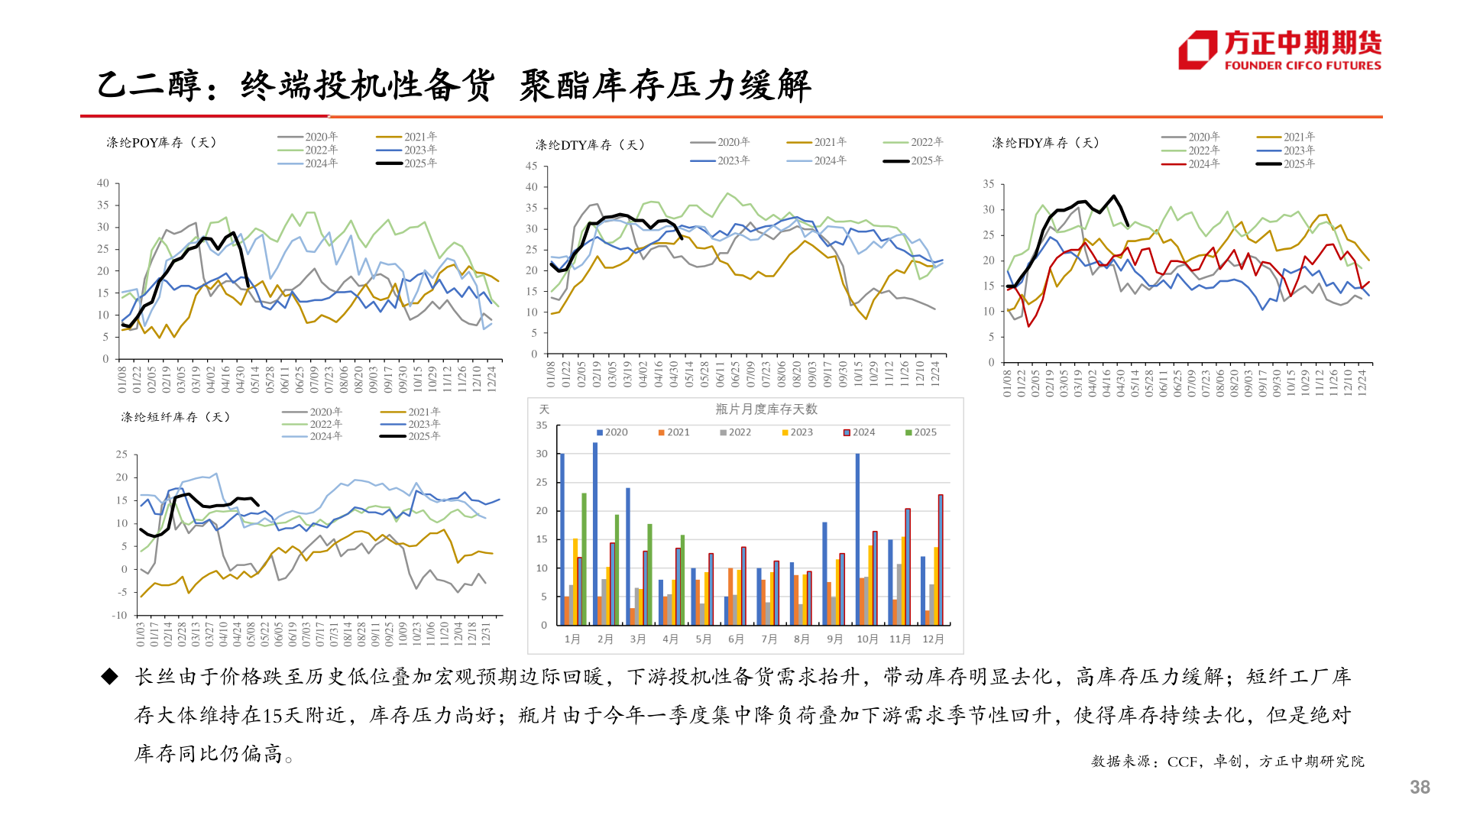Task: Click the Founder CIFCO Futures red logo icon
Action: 1197,50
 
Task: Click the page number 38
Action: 1420,787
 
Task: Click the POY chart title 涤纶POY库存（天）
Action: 161,143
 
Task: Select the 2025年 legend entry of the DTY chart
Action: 913,160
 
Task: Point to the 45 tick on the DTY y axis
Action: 531,166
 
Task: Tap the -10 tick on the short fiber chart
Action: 120,615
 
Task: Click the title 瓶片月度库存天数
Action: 766,409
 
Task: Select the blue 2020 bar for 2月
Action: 595,533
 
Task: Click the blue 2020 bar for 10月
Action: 857,539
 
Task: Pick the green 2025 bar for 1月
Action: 584,558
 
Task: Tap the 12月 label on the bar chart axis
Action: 933,639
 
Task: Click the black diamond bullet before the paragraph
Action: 110,676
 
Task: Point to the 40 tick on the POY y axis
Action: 103,183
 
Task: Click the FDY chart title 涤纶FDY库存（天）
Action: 1045,143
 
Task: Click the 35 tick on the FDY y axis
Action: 988,184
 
